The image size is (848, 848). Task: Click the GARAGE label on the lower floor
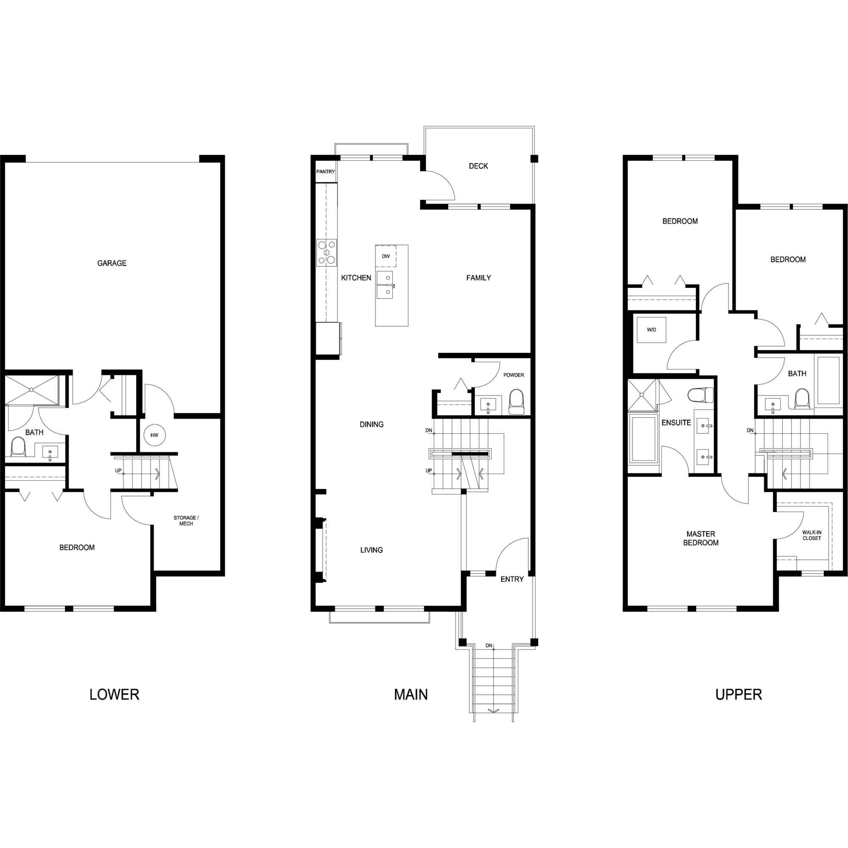click(x=112, y=263)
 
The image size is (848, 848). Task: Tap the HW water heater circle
click(x=154, y=435)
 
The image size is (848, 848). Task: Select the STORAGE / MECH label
click(x=186, y=521)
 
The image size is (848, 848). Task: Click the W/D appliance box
click(x=651, y=329)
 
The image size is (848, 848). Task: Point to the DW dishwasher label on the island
click(x=386, y=257)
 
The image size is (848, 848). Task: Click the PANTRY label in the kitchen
click(x=326, y=172)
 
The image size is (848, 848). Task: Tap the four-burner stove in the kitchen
click(x=326, y=253)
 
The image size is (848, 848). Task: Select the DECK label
click(x=478, y=166)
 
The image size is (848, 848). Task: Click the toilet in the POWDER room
click(x=516, y=402)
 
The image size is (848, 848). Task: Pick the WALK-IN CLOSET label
click(x=812, y=536)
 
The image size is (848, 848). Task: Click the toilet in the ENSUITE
click(x=700, y=395)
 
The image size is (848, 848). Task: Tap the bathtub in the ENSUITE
click(x=644, y=438)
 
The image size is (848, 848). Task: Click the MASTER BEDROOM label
click(x=701, y=538)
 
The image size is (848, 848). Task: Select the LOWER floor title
click(x=114, y=695)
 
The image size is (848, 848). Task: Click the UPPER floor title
click(x=739, y=695)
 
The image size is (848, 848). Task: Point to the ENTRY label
click(x=512, y=579)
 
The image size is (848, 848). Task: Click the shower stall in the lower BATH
click(x=32, y=389)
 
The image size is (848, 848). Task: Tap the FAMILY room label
click(x=478, y=277)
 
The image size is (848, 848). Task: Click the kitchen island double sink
click(x=385, y=285)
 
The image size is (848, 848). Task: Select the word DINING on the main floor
click(x=371, y=424)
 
